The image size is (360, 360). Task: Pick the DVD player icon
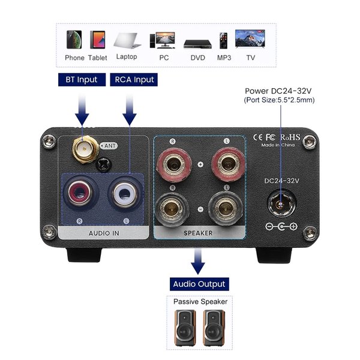[x=195, y=43]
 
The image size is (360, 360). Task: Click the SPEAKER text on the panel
[x=199, y=233]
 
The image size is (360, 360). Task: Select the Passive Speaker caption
[x=199, y=302]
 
